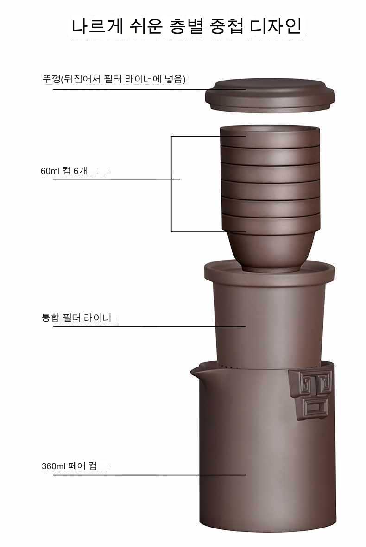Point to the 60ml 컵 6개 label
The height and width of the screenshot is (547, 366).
(64, 171)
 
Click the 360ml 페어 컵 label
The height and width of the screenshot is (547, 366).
(69, 466)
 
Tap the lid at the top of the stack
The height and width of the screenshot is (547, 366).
(270, 95)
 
